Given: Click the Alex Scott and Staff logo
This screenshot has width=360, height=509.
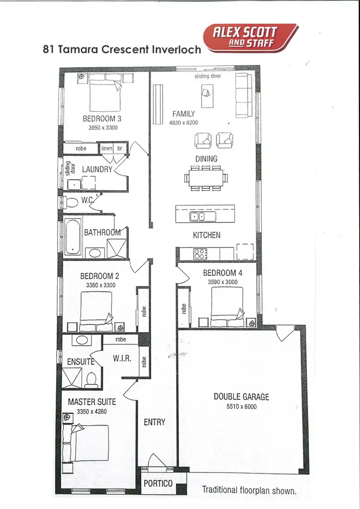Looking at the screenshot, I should point(249,37).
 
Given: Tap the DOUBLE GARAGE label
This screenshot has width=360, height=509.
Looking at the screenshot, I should point(241,397).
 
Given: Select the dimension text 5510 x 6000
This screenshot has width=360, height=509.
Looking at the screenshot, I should point(241,406).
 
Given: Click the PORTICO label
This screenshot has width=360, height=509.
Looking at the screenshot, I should point(158,484).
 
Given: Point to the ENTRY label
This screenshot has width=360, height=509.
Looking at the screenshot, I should point(155,422).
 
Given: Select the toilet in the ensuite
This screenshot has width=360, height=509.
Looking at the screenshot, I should point(91,379).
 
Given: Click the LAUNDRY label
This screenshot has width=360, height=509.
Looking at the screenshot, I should point(97,169).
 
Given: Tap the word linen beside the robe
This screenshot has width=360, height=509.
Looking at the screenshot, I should point(107,148).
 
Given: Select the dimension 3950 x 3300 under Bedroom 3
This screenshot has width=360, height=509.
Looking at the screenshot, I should point(103,128).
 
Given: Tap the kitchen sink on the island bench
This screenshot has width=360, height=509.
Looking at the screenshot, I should point(197,217).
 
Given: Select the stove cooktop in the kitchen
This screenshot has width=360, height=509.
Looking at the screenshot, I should point(200,253).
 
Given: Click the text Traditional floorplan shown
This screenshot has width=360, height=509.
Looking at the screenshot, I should point(249,490).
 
